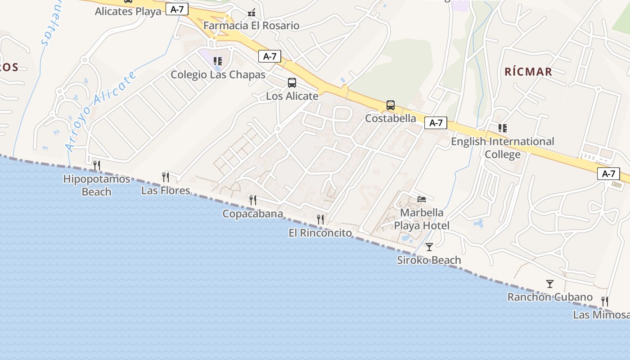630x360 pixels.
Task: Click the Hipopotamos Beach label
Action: tap(96, 185)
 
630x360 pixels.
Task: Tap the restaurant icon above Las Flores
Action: tap(166, 177)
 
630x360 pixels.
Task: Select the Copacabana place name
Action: tap(252, 214)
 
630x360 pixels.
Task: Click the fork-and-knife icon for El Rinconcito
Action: tap(320, 220)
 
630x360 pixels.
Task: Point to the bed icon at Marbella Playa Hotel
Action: tap(422, 199)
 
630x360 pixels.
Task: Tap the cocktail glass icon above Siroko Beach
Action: tap(429, 247)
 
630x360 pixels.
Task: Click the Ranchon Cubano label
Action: tap(550, 297)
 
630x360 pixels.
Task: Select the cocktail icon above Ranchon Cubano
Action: tap(550, 284)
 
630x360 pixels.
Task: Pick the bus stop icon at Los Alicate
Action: tap(292, 83)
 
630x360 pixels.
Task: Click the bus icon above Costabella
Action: tap(391, 105)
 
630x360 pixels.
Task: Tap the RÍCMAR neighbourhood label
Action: tap(528, 72)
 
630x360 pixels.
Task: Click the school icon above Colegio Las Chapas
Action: tap(218, 61)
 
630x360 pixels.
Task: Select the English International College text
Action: tap(503, 148)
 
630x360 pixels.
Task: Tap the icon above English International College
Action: tap(503, 128)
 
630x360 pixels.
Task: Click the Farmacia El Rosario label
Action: tap(251, 26)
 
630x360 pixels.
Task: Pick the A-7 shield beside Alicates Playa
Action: tap(177, 9)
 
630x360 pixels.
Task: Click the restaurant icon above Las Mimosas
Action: tap(605, 301)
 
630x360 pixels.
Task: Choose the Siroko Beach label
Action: tap(429, 260)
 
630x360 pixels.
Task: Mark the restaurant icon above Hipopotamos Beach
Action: tap(96, 166)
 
